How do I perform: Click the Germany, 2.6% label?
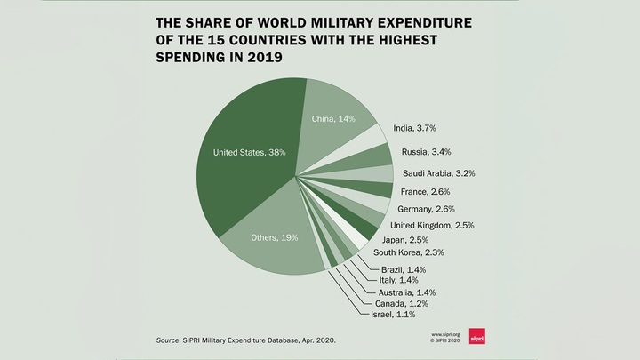click(x=428, y=209)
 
